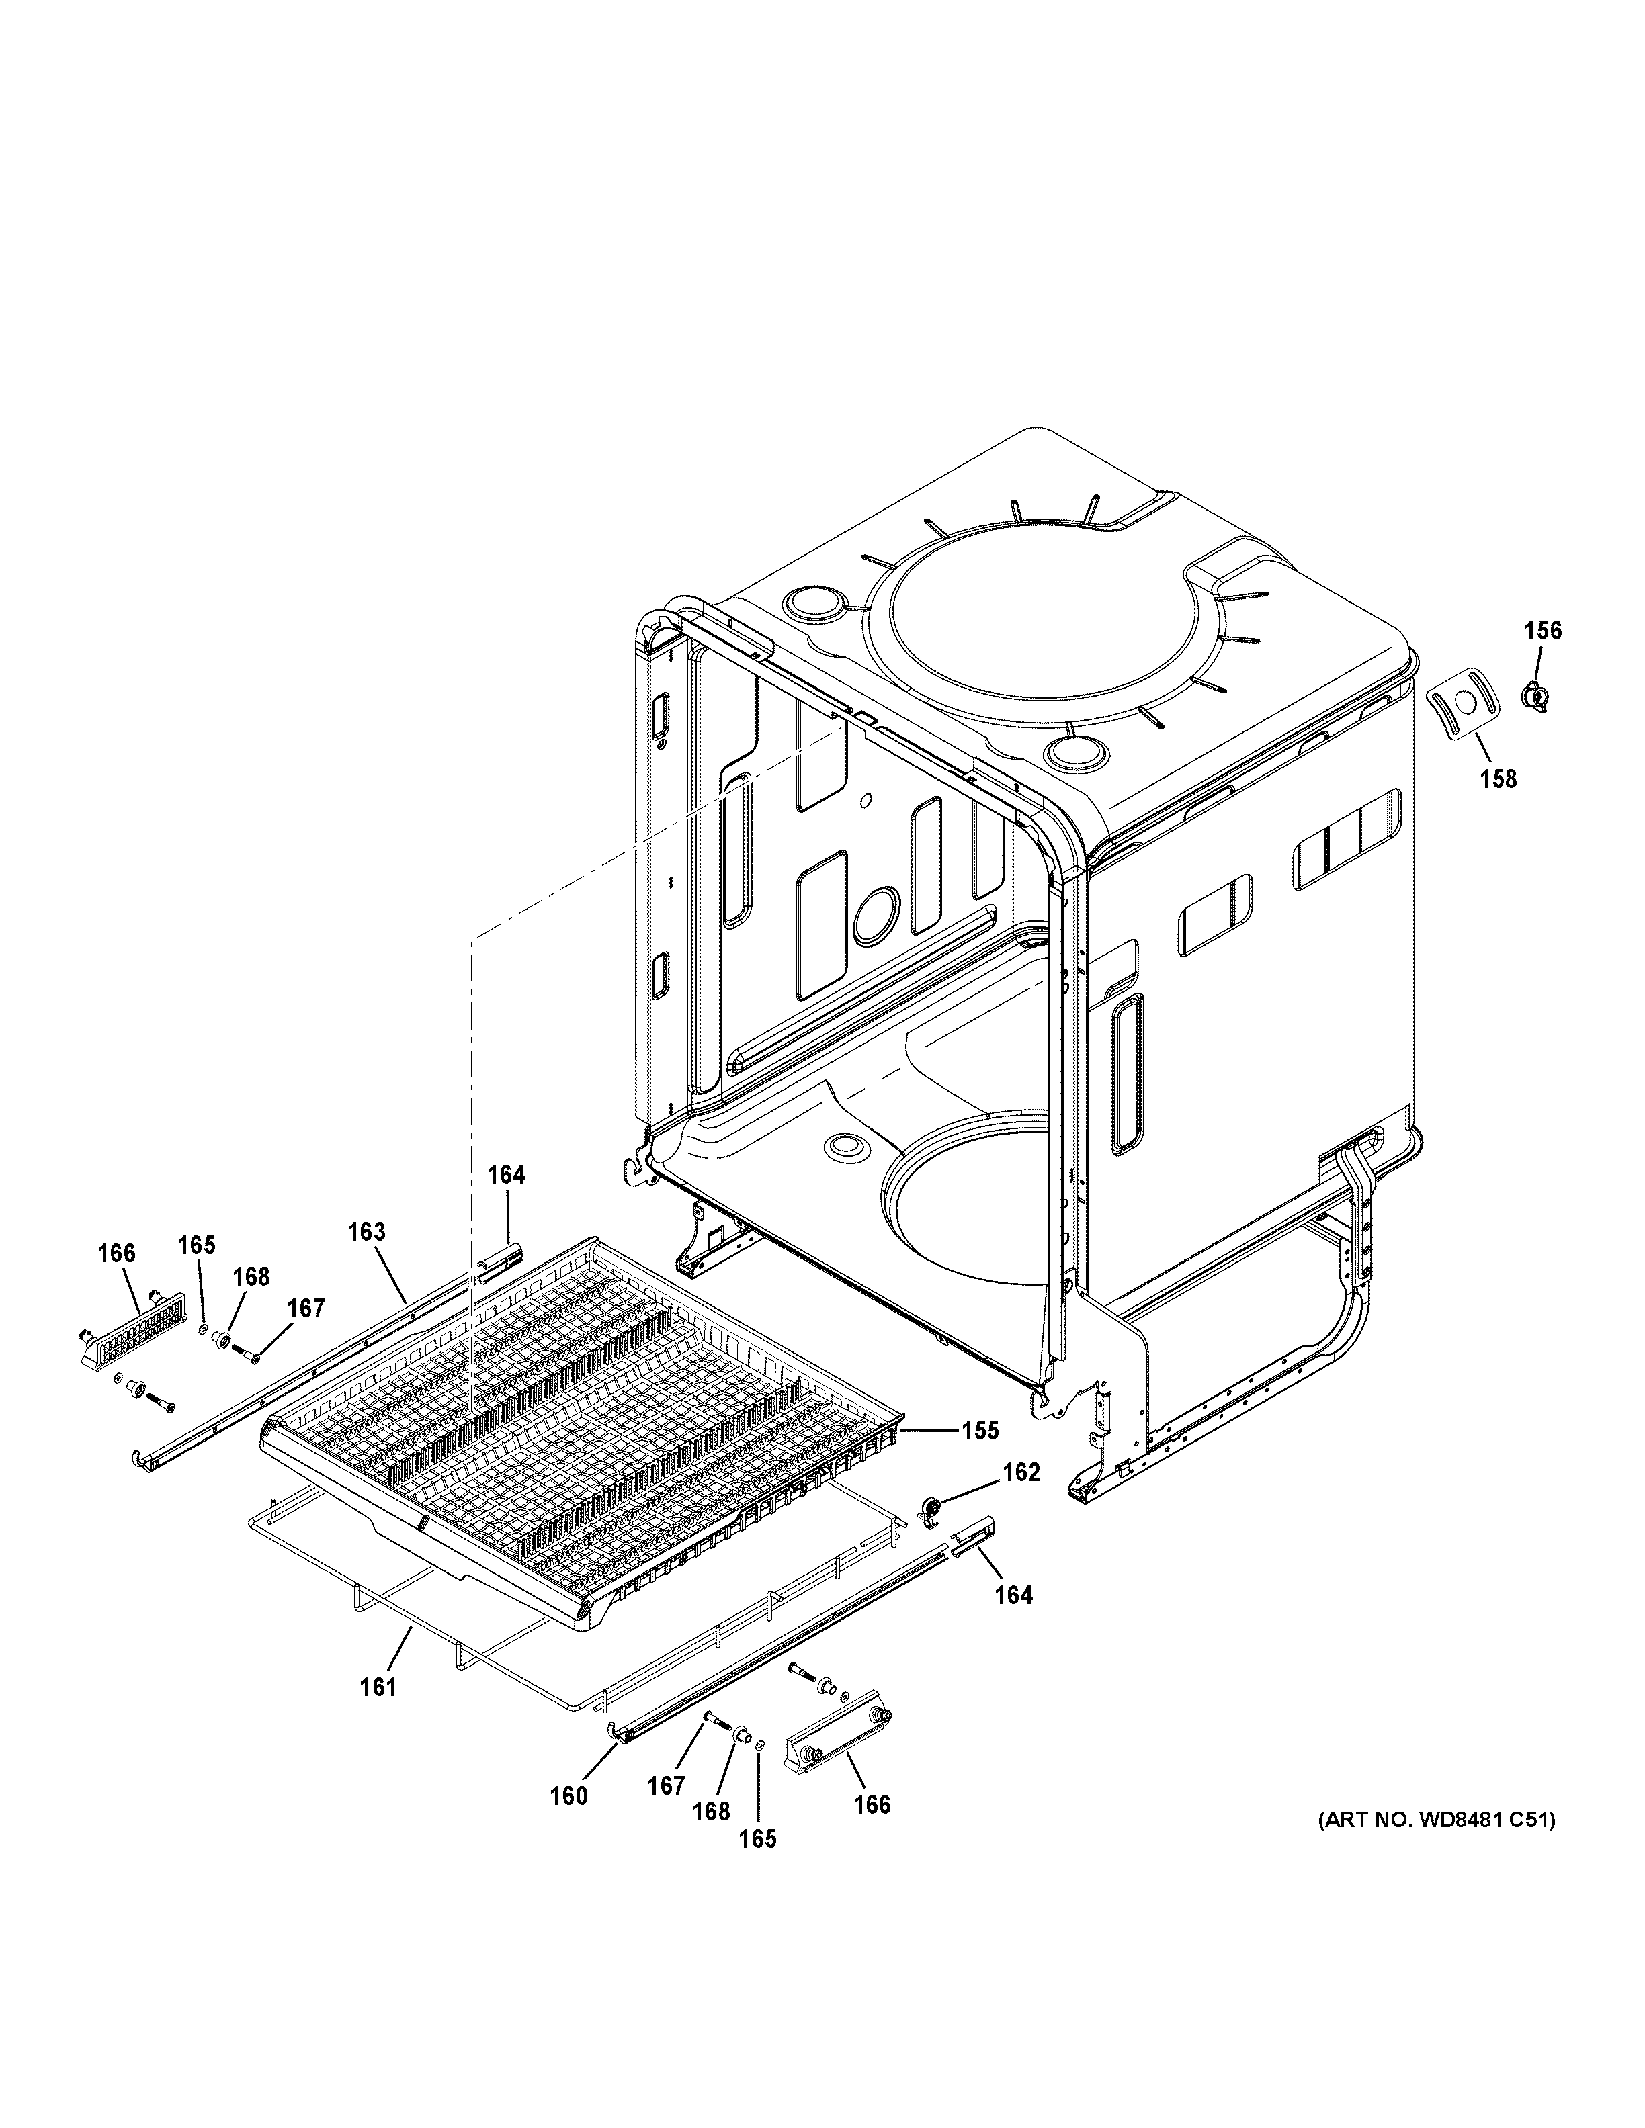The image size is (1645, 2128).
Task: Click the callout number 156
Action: pos(1543,631)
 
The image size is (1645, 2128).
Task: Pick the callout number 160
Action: pos(568,1795)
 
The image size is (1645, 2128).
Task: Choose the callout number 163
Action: pos(366,1231)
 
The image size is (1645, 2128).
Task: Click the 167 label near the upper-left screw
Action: pos(305,1308)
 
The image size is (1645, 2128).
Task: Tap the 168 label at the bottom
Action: pos(712,1810)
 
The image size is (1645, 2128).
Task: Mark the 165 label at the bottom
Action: pos(757,1838)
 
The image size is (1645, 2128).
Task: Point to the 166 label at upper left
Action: pos(116,1253)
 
